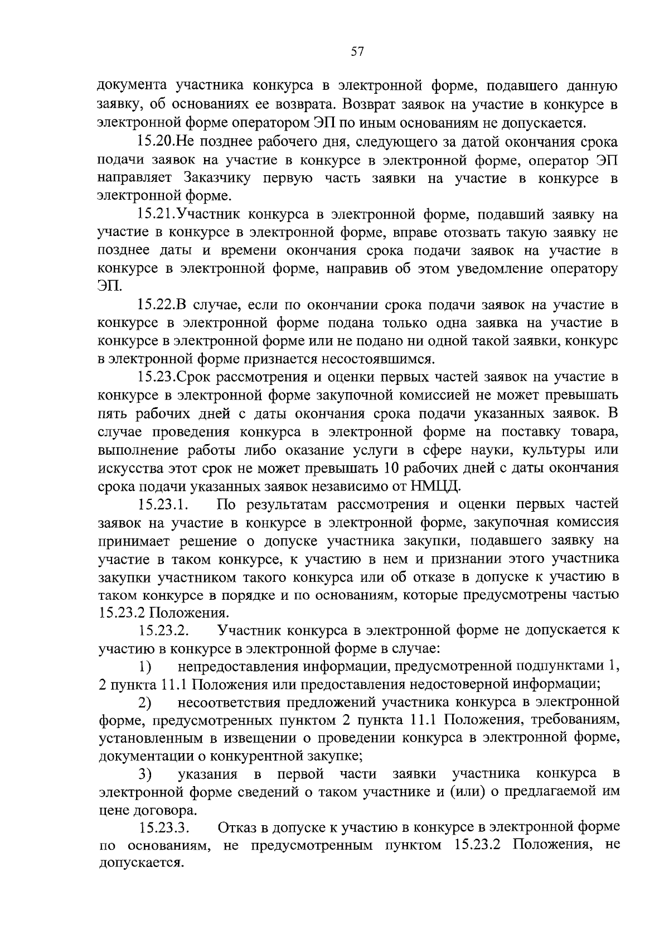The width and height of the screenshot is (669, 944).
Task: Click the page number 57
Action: [357, 52]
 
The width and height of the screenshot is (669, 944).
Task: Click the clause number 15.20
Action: [156, 143]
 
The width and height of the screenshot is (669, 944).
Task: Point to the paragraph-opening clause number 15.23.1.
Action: [162, 505]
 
